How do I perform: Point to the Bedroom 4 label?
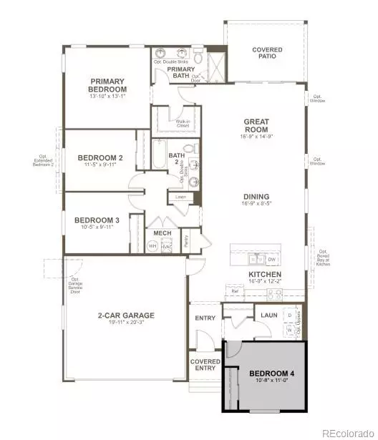click(x=271, y=373)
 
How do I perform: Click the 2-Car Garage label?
click(x=126, y=315)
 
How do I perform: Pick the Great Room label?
click(x=256, y=126)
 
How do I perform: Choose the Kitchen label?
click(x=264, y=274)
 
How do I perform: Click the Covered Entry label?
click(x=205, y=366)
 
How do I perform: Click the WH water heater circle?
click(x=152, y=245)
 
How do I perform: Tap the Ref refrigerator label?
click(x=234, y=292)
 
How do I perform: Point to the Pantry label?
click(x=185, y=240)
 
